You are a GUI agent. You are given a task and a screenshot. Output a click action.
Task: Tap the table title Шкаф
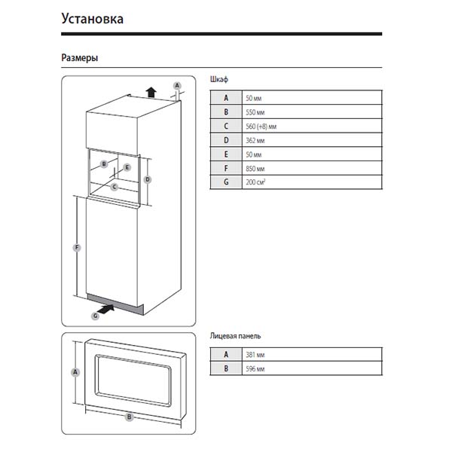218,78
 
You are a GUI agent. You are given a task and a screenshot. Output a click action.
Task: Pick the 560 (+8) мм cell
261,127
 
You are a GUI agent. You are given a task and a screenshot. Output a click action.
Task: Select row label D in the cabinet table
225,140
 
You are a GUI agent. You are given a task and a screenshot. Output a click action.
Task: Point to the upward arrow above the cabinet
151,92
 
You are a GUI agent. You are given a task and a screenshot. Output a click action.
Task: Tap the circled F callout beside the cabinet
75,247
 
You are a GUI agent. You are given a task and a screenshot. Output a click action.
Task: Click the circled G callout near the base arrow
95,316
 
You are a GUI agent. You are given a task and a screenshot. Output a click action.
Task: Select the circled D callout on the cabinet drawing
148,179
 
